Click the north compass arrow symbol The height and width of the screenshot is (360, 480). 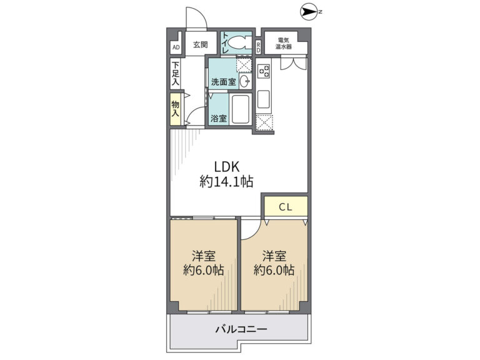point(309,12)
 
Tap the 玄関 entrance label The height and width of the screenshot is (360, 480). point(201,45)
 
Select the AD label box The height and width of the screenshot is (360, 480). point(176,47)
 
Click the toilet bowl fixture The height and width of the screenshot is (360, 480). point(237,43)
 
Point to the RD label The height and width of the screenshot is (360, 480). point(258,47)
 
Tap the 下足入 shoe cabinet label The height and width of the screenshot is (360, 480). point(176,74)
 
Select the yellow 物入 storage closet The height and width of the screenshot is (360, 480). point(176,109)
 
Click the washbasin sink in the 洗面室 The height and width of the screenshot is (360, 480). point(245,81)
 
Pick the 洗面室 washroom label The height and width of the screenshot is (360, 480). point(224,82)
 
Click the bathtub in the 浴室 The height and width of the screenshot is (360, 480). point(241,109)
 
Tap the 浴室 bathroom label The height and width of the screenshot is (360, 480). point(219,118)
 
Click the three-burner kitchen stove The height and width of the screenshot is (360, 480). point(264,71)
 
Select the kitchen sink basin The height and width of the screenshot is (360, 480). point(263,99)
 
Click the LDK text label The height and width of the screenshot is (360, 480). point(226,167)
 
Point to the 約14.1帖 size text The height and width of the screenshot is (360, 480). point(226,181)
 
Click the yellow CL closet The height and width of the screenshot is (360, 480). point(286,206)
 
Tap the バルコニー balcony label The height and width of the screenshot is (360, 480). point(241,329)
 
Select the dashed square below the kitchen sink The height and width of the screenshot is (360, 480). point(264,122)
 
